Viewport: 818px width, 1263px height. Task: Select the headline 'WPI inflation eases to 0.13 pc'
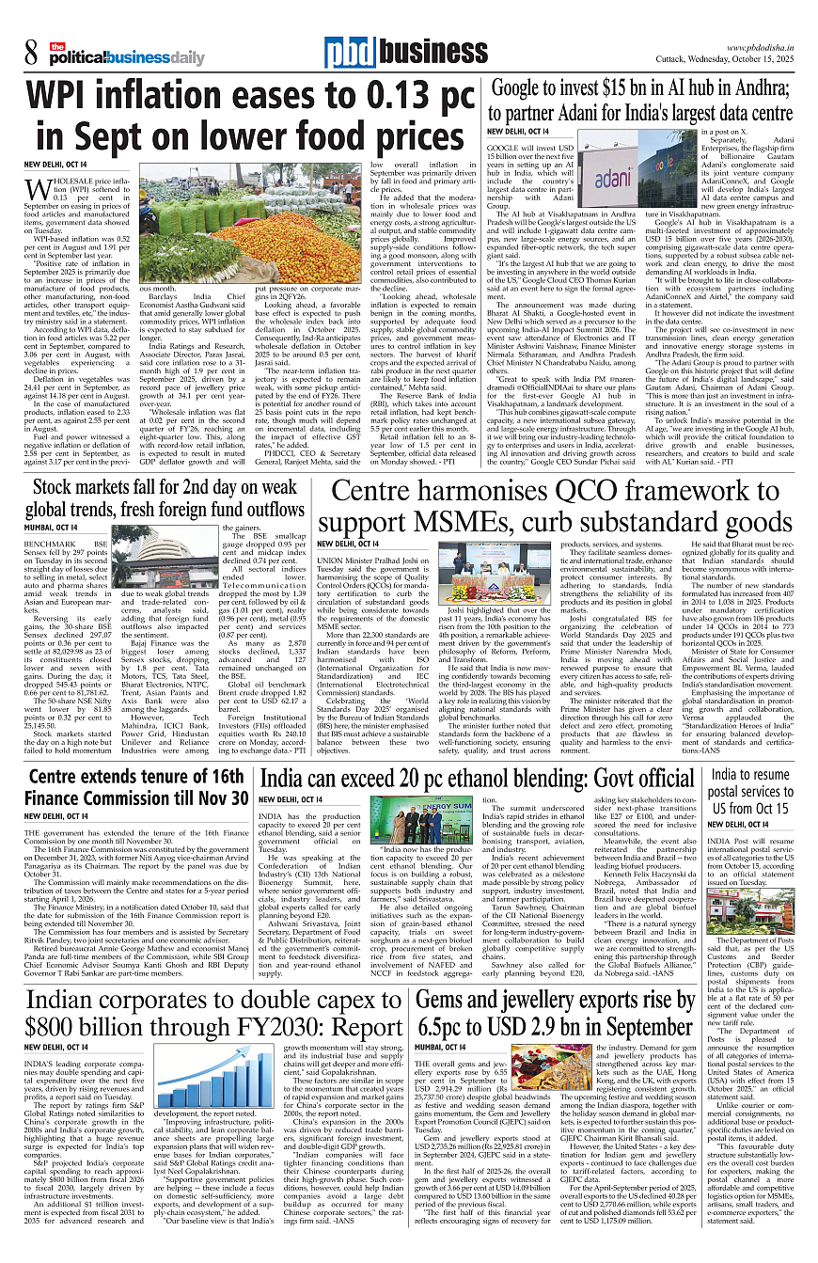[x=249, y=96]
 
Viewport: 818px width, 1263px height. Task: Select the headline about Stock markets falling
[x=165, y=499]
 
